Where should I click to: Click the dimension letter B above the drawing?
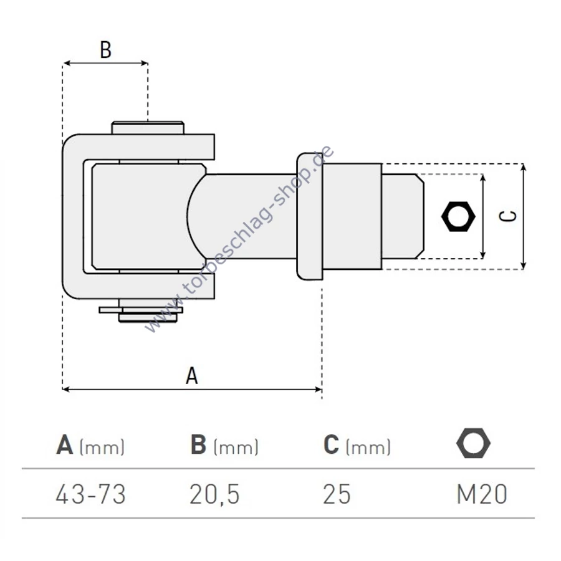105,50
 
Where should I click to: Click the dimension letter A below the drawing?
192,375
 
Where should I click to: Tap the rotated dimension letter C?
507,216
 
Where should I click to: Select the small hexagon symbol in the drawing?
458,216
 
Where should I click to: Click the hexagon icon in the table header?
473,443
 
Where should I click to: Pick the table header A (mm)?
90,445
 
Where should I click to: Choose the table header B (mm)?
224,445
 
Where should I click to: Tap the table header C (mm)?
357,445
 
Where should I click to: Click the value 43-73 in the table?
90,494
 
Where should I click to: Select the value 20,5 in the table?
214,494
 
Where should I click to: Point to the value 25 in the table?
337,494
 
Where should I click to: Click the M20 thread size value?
482,494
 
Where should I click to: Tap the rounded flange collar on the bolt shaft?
310,216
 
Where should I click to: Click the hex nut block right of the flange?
352,216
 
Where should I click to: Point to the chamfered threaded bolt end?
403,216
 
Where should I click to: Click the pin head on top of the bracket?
148,128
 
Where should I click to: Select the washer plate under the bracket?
141,310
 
